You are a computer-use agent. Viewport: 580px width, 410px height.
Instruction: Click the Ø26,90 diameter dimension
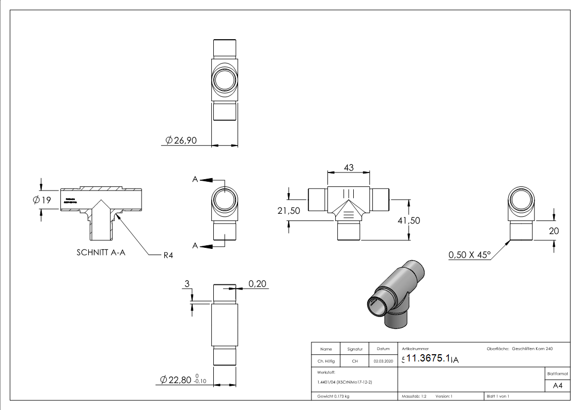181,140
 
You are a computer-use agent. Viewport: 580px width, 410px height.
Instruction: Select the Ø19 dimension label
42,200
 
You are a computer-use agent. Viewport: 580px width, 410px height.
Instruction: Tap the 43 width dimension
348,168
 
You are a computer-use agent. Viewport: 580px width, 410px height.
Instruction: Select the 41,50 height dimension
408,220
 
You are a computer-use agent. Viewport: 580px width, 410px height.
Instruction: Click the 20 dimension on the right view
554,231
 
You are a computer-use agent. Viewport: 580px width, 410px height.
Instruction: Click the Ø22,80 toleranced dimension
183,380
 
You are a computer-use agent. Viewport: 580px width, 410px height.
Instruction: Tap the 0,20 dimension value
258,283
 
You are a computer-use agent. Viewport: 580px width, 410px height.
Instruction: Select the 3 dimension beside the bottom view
187,283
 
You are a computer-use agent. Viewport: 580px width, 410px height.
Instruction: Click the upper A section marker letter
195,179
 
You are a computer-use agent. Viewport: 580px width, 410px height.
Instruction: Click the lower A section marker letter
195,246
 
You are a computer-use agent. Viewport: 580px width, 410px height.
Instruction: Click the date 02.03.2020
383,361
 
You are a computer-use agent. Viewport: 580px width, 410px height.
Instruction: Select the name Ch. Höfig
325,361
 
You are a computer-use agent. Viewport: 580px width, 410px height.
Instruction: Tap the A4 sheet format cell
557,386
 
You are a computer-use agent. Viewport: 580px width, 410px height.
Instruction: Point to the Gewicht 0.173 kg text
333,396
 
